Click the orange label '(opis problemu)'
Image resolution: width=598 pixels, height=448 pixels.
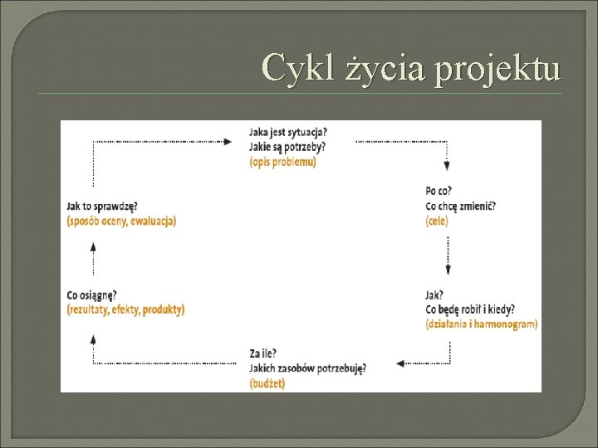click(x=282, y=162)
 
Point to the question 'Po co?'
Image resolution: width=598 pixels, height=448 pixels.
click(x=439, y=192)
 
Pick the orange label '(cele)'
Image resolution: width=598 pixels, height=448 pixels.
click(x=436, y=222)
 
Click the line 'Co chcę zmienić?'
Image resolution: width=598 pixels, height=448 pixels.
click(x=460, y=207)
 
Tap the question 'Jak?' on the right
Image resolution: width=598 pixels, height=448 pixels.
click(x=434, y=295)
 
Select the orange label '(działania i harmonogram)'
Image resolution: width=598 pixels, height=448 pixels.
click(x=481, y=324)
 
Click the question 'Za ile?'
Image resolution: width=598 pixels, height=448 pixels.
click(x=264, y=354)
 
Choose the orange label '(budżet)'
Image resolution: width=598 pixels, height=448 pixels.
click(x=267, y=383)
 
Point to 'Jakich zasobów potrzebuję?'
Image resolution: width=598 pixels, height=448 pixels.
click(x=307, y=368)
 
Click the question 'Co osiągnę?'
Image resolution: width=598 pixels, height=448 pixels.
click(x=91, y=295)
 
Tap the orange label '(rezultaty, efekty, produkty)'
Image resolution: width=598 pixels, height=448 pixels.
click(x=125, y=309)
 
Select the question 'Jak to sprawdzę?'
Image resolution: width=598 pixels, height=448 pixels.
click(x=101, y=206)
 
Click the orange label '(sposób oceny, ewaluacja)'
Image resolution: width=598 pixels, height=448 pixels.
click(x=121, y=221)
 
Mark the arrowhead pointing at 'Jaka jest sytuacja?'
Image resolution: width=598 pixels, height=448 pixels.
click(x=228, y=142)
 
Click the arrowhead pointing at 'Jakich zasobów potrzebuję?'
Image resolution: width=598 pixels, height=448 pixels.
click(x=400, y=363)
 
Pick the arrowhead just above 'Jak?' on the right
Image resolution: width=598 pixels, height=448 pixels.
click(x=448, y=269)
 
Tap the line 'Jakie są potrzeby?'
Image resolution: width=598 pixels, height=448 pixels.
click(x=287, y=147)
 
